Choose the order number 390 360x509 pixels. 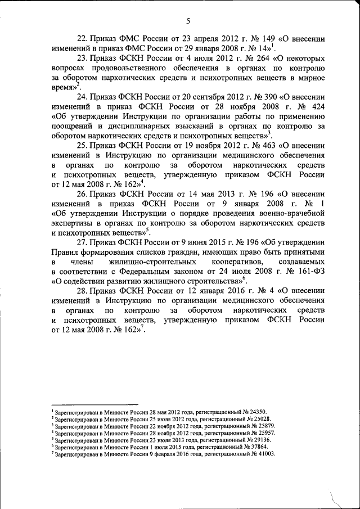click(257, 97)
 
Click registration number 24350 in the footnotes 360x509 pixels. click(256, 412)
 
